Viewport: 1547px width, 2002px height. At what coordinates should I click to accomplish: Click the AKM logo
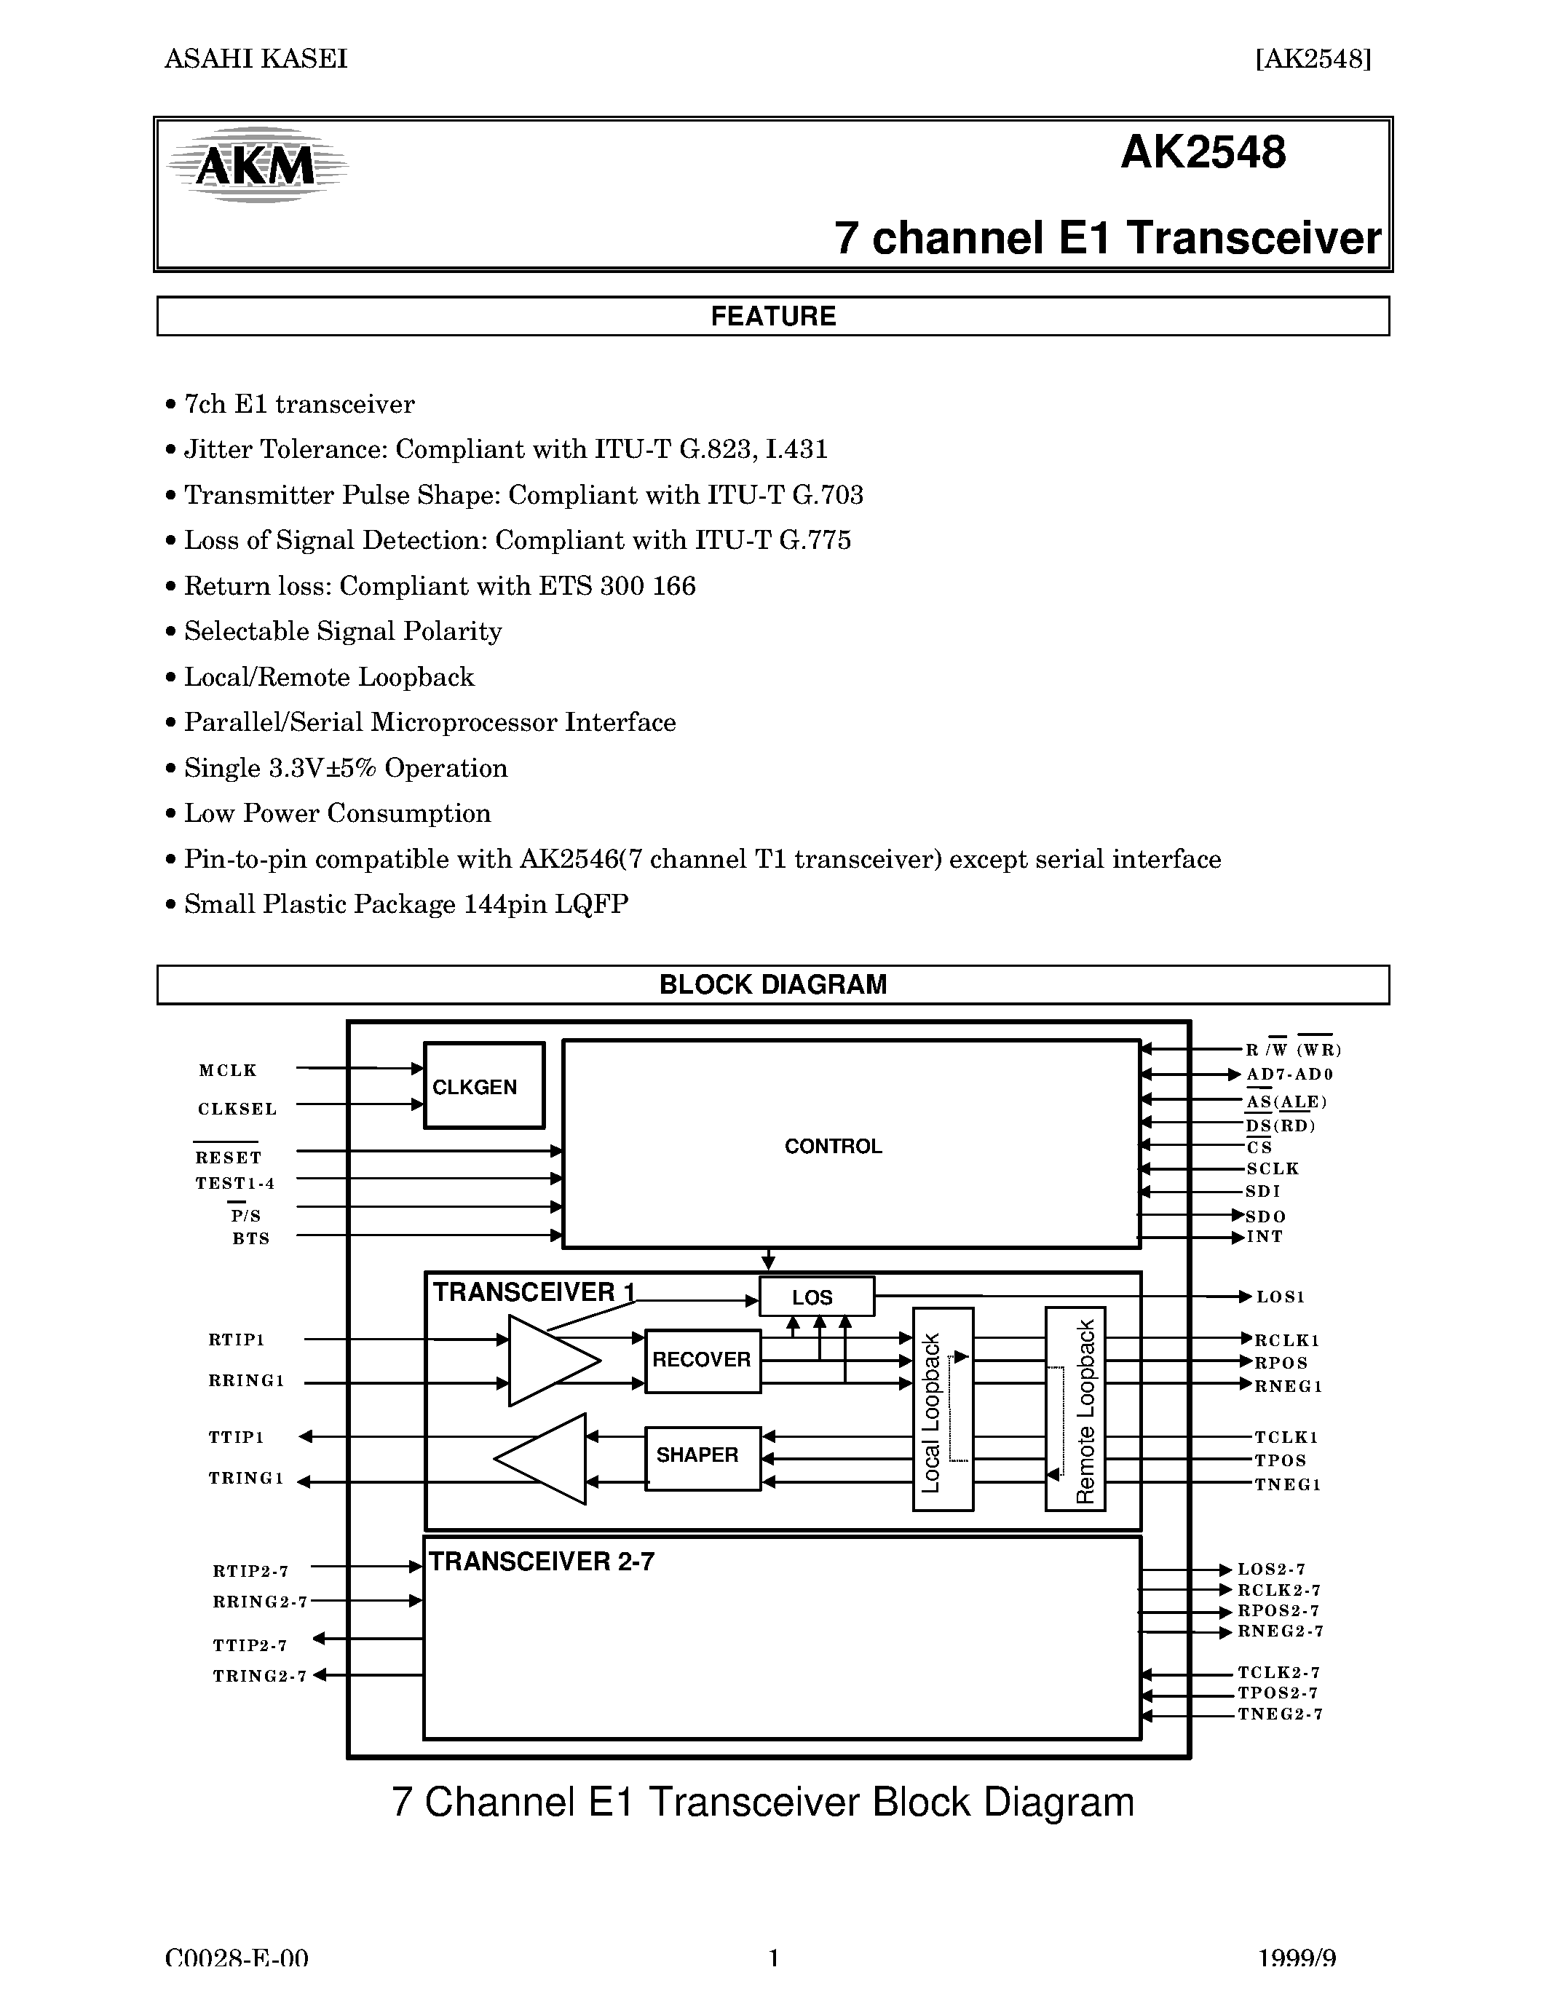pyautogui.click(x=256, y=165)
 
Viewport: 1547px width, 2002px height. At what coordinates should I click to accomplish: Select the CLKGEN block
pyautogui.click(x=484, y=1085)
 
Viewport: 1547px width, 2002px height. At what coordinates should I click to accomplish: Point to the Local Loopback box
pyautogui.click(x=942, y=1409)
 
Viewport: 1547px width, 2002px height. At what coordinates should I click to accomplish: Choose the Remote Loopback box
pyautogui.click(x=1075, y=1409)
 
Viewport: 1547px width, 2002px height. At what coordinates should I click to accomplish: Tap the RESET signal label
pyautogui.click(x=228, y=1158)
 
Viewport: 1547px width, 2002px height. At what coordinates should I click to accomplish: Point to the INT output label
pyautogui.click(x=1265, y=1238)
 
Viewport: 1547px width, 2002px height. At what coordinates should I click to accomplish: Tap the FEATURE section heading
pyautogui.click(x=772, y=316)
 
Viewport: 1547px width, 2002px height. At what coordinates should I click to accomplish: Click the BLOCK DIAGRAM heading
pyautogui.click(x=772, y=984)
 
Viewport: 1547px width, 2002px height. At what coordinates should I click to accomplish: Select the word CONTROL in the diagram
pyautogui.click(x=833, y=1147)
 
